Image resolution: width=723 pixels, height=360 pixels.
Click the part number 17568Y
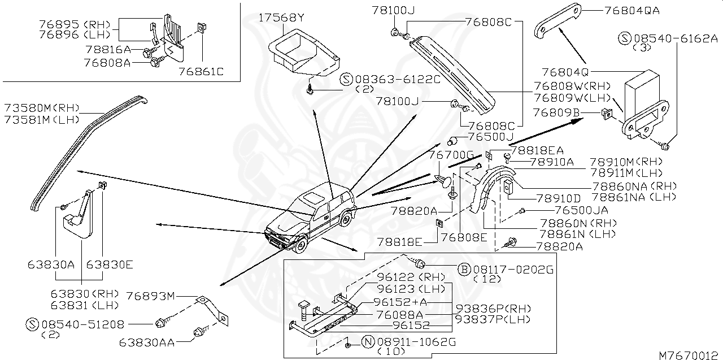click(281, 18)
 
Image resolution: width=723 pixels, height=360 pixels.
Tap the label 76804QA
click(631, 10)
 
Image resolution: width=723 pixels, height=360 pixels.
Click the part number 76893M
click(151, 296)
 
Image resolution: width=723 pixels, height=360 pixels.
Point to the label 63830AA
click(147, 342)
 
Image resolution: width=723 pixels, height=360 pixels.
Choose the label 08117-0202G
click(512, 269)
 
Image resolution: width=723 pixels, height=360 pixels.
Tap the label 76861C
click(201, 72)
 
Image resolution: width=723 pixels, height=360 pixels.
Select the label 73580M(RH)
click(42, 108)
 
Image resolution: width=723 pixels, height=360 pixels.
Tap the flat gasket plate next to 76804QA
click(558, 20)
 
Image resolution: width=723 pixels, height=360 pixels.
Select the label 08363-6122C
click(398, 80)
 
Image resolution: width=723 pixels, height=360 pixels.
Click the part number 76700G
click(450, 154)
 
